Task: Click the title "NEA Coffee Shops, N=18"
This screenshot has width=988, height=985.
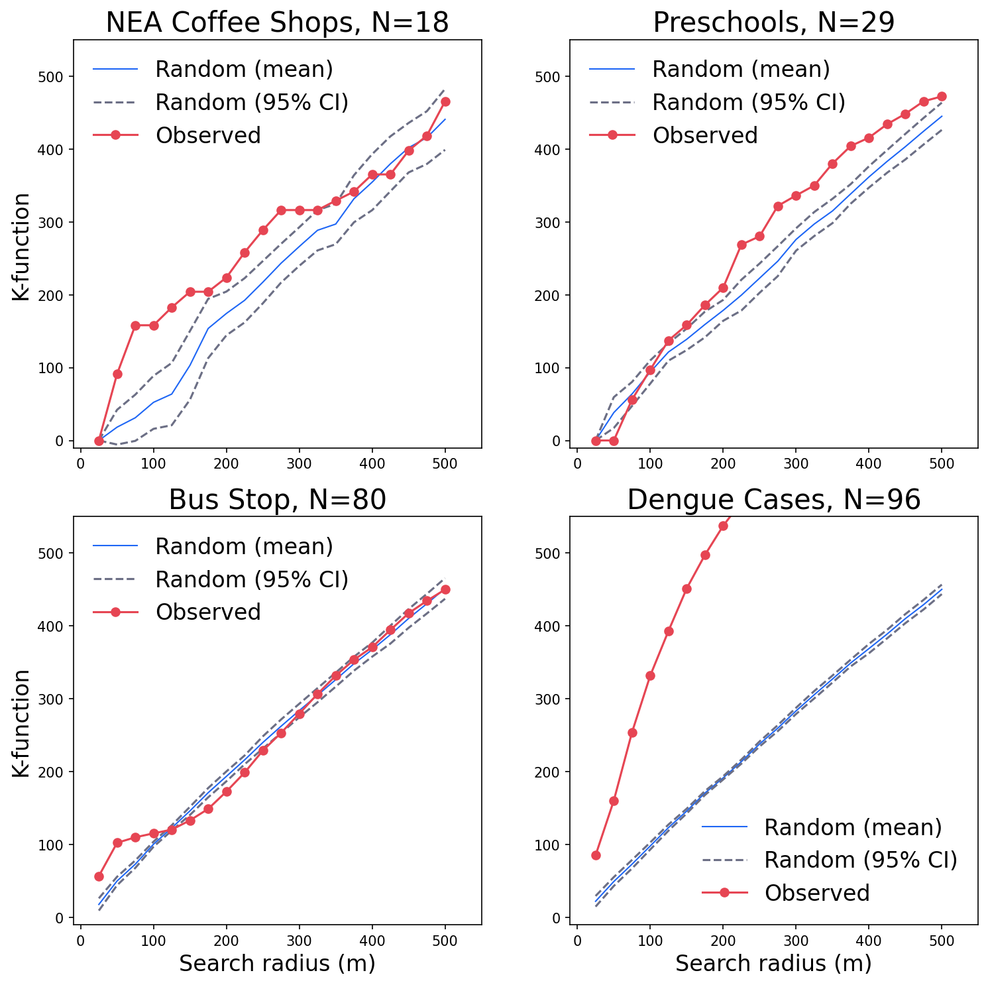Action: click(277, 23)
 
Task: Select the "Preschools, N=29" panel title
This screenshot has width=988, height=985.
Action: click(773, 23)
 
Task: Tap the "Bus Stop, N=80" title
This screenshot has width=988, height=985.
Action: click(277, 500)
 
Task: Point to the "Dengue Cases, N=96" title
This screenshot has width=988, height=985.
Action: click(773, 500)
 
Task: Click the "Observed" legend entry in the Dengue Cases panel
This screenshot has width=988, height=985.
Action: click(816, 893)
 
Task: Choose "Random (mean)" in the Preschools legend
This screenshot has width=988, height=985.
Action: click(741, 69)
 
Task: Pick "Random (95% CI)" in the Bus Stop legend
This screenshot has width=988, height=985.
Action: click(251, 579)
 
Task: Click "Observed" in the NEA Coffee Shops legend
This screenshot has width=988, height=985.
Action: click(208, 135)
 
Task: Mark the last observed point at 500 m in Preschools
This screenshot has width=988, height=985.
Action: click(942, 96)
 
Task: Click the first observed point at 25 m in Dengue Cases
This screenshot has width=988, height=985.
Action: click(596, 855)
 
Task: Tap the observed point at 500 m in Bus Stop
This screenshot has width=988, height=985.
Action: click(445, 589)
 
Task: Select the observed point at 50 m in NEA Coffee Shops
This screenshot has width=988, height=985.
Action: click(117, 374)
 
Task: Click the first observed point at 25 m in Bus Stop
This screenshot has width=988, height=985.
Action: click(99, 876)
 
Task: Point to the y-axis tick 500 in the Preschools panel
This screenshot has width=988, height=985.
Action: click(553, 77)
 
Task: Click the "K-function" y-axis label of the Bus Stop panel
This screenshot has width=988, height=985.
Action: click(22, 723)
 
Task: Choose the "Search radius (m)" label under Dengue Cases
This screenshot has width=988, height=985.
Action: click(773, 964)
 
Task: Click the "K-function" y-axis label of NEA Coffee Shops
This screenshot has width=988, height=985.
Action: click(22, 247)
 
